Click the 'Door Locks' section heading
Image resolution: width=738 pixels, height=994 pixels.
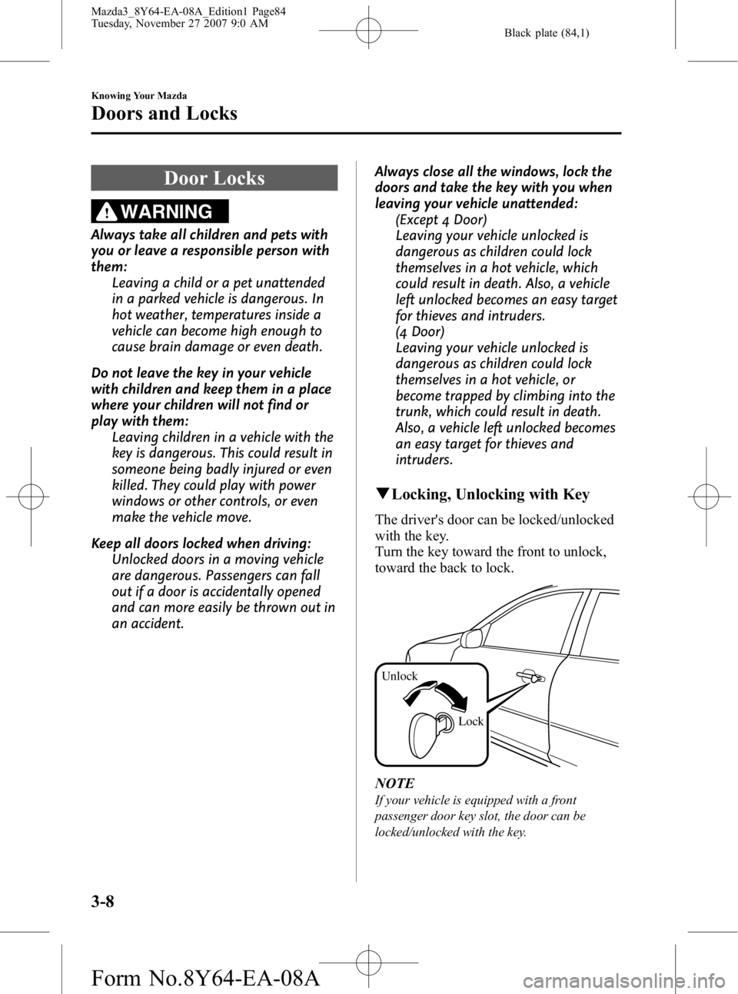tap(214, 178)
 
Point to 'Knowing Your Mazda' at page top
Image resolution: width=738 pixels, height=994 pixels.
tap(138, 95)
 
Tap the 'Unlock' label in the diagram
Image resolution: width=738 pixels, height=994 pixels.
tap(400, 676)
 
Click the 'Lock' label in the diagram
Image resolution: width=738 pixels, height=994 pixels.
tap(470, 721)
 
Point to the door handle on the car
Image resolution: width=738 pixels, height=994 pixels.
tap(532, 677)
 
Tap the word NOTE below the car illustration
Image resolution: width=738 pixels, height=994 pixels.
tap(396, 783)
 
